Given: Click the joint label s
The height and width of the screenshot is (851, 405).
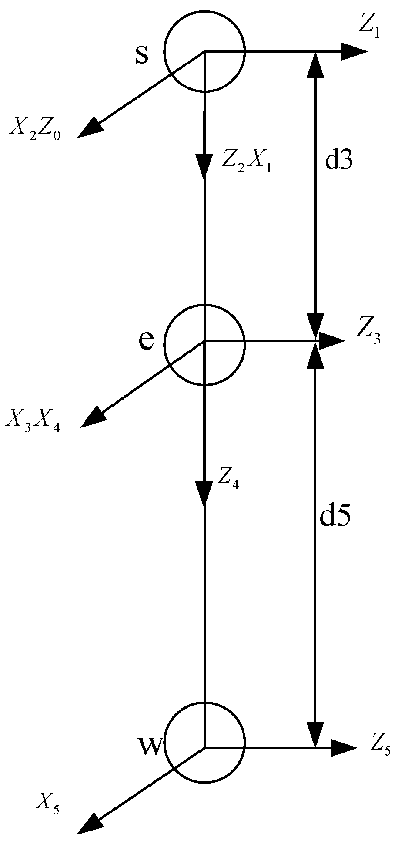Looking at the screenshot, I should point(142,55).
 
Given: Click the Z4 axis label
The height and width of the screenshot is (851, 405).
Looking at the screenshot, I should point(228,478).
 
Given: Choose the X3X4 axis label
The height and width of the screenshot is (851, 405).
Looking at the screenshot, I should point(33,420).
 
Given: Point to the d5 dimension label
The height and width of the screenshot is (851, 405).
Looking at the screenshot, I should point(335,518).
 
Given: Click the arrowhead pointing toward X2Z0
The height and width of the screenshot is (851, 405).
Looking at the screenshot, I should point(89,129).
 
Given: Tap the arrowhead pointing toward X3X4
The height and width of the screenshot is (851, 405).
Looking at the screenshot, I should point(92,417).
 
